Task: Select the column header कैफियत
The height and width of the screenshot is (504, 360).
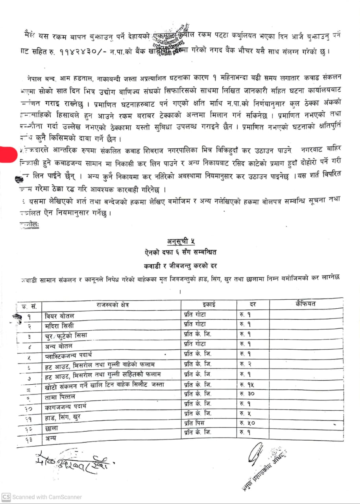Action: (305, 303)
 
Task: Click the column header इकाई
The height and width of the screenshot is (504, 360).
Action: (209, 304)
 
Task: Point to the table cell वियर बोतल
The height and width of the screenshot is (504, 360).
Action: (59, 316)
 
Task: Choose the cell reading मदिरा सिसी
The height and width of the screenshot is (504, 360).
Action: (59, 326)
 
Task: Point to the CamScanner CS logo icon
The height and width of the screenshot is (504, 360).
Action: (6, 497)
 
